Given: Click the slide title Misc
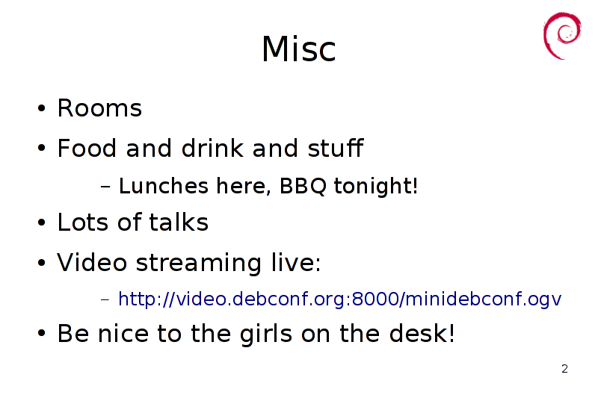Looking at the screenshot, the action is pyautogui.click(x=298, y=49).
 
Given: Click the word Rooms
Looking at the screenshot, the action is pyautogui.click(x=99, y=108).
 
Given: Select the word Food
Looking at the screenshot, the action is pyautogui.click(x=87, y=148).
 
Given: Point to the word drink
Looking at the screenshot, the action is pyautogui.click(x=212, y=148).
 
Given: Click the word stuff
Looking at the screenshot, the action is pyautogui.click(x=335, y=148).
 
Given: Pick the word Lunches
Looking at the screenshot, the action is pyautogui.click(x=164, y=186).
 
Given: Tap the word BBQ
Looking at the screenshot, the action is pyautogui.click(x=303, y=186).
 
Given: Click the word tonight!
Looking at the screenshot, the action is pyautogui.click(x=376, y=187).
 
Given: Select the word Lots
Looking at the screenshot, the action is pyautogui.click(x=83, y=222).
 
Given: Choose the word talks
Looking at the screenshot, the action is pyautogui.click(x=179, y=222).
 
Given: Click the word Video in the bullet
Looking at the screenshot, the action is pyautogui.click(x=91, y=262).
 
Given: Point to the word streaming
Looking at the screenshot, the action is pyautogui.click(x=198, y=263).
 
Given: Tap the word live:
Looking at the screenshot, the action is pyautogui.click(x=296, y=262).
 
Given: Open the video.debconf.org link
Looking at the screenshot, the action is pyautogui.click(x=339, y=299).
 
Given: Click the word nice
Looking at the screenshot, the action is pyautogui.click(x=123, y=333).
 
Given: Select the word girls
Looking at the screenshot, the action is pyautogui.click(x=266, y=334).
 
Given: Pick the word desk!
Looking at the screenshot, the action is pyautogui.click(x=422, y=333).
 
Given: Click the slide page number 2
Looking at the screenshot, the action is pyautogui.click(x=564, y=369).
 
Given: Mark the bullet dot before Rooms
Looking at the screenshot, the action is pyautogui.click(x=42, y=108).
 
